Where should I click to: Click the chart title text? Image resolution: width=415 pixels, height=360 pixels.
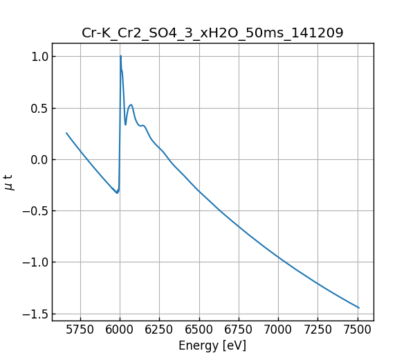coord(212,33)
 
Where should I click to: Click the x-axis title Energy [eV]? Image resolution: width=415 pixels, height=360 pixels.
coord(212,345)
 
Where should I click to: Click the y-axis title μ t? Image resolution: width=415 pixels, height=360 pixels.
coord(9,182)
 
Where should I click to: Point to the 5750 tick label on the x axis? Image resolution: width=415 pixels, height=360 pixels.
coord(80,331)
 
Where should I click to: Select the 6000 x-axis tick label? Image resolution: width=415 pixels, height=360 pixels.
coord(120,331)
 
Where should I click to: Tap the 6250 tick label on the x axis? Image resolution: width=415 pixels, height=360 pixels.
coord(159,331)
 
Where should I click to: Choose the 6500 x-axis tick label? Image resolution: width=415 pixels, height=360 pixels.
coord(199,331)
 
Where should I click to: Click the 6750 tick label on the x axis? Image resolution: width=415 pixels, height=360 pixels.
coord(239,331)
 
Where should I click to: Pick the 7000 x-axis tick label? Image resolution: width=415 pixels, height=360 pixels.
coord(278,331)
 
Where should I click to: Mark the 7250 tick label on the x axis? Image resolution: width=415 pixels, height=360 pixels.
coord(318,331)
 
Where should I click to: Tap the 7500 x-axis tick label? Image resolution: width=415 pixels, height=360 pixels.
coord(358,331)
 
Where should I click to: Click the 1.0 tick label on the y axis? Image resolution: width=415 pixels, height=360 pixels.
coord(37,56)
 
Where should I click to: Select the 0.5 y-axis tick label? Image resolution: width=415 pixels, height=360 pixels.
coord(37,108)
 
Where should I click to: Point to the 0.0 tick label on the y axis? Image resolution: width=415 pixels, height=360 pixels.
coord(37,159)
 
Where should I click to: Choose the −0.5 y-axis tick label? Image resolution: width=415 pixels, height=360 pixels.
coord(34,210)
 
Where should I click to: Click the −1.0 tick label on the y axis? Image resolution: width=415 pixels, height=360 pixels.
coord(34,262)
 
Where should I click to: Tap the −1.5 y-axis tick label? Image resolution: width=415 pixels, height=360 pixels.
coord(34,314)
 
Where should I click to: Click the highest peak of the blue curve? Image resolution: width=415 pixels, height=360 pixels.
coord(120,56)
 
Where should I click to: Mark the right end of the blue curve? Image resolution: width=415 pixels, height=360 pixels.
coord(359,307)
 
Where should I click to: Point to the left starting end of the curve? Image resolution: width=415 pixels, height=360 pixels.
coord(66,133)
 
